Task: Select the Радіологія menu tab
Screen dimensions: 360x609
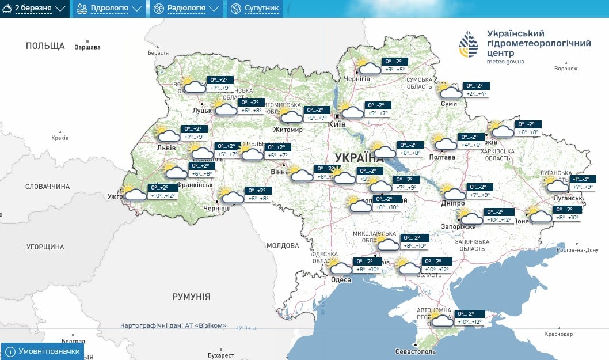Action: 186,9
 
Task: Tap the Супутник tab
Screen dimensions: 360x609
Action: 254,9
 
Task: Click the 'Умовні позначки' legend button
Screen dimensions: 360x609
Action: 43,351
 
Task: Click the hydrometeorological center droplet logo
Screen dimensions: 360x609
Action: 468,44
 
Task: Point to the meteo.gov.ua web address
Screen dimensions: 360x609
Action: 505,61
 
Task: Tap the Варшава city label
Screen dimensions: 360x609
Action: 87,47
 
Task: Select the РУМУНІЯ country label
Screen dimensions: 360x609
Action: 191,297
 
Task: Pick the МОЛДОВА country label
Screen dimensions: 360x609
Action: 283,246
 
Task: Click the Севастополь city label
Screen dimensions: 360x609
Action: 416,351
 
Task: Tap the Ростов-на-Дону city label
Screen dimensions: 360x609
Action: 578,250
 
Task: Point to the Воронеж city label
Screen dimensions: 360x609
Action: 565,69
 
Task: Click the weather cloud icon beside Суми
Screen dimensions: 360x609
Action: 450,92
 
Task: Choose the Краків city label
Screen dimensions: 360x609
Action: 59,138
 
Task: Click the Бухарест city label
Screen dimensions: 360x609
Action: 221,355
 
